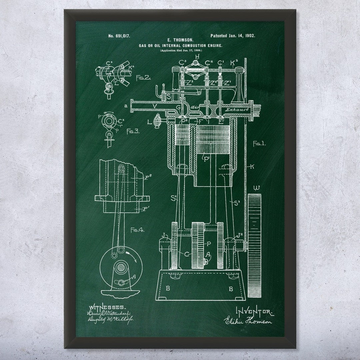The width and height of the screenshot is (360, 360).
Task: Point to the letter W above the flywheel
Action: tap(257, 187)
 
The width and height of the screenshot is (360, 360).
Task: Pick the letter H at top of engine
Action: tap(197, 57)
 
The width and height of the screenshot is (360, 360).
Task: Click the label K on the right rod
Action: tap(252, 166)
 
